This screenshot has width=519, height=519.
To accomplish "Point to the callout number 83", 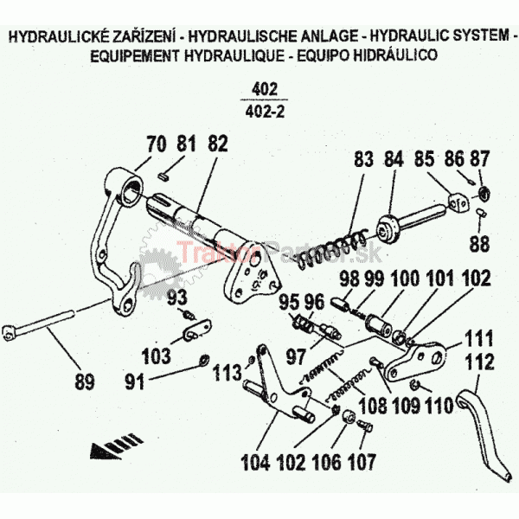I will tap(363, 160).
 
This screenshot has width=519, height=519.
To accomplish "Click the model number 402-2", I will tap(266, 112).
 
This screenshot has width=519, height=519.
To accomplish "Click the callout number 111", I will tap(478, 337).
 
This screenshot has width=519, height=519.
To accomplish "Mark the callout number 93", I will tap(176, 297).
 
